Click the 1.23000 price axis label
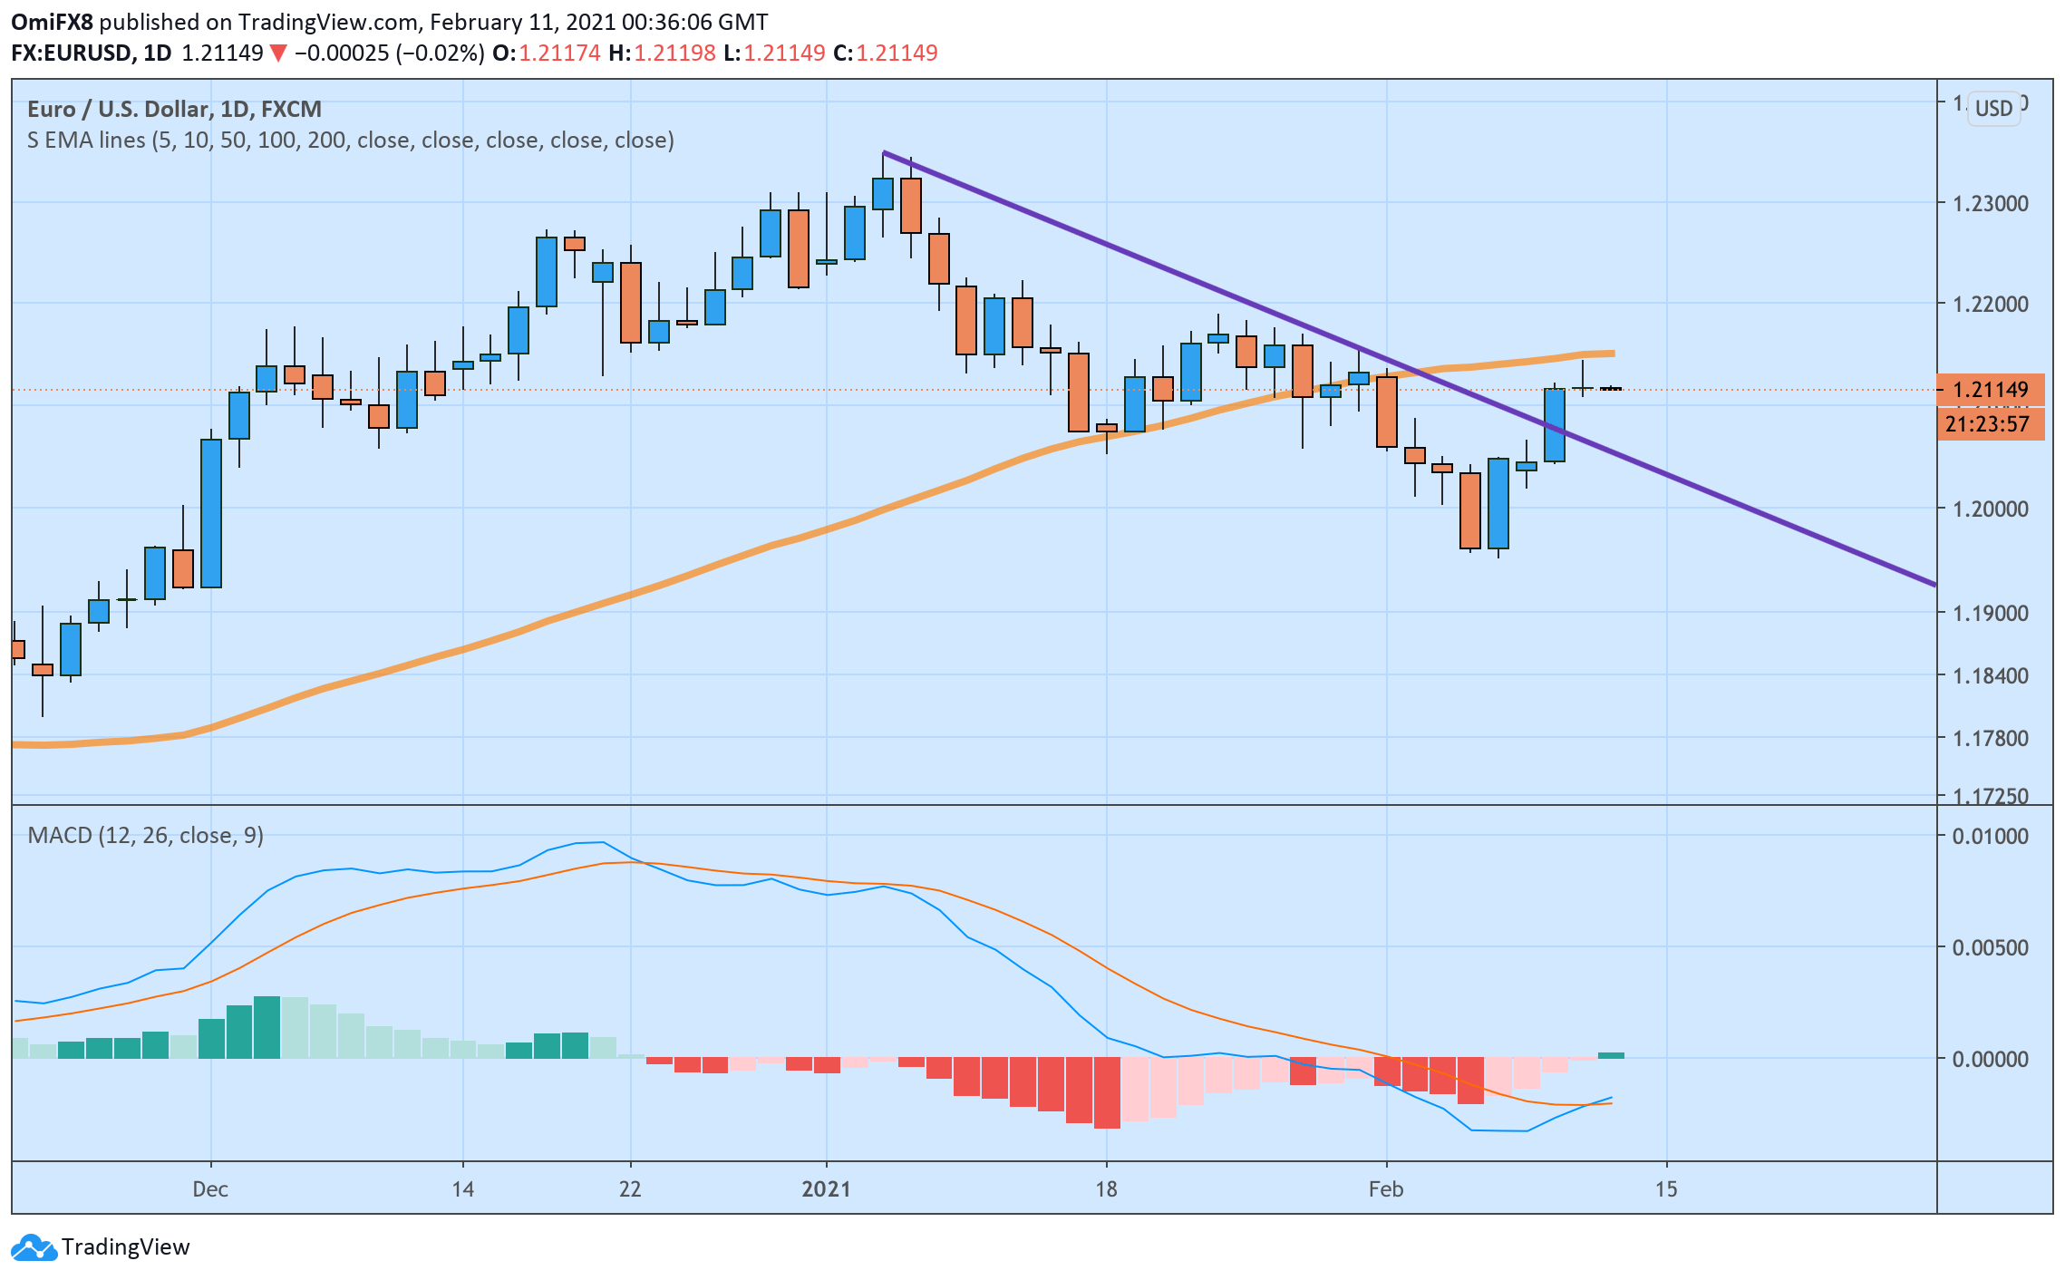point(1990,203)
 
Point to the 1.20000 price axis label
point(1990,509)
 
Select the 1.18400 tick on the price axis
point(1990,675)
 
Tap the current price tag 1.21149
point(1990,390)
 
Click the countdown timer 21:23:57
point(1987,424)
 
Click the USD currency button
point(1993,109)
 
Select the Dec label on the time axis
point(210,1188)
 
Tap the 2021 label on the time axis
point(826,1188)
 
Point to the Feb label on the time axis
point(1386,1188)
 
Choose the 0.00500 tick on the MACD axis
point(1990,947)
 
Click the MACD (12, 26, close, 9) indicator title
point(146,835)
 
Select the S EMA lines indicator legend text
point(350,141)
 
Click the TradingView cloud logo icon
point(34,1247)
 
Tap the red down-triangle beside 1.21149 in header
point(278,53)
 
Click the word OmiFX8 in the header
point(52,22)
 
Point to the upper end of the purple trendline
point(885,153)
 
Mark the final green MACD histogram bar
point(1611,1055)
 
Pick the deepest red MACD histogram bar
point(1107,1093)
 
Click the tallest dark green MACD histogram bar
point(267,1028)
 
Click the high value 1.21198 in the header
point(674,53)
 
